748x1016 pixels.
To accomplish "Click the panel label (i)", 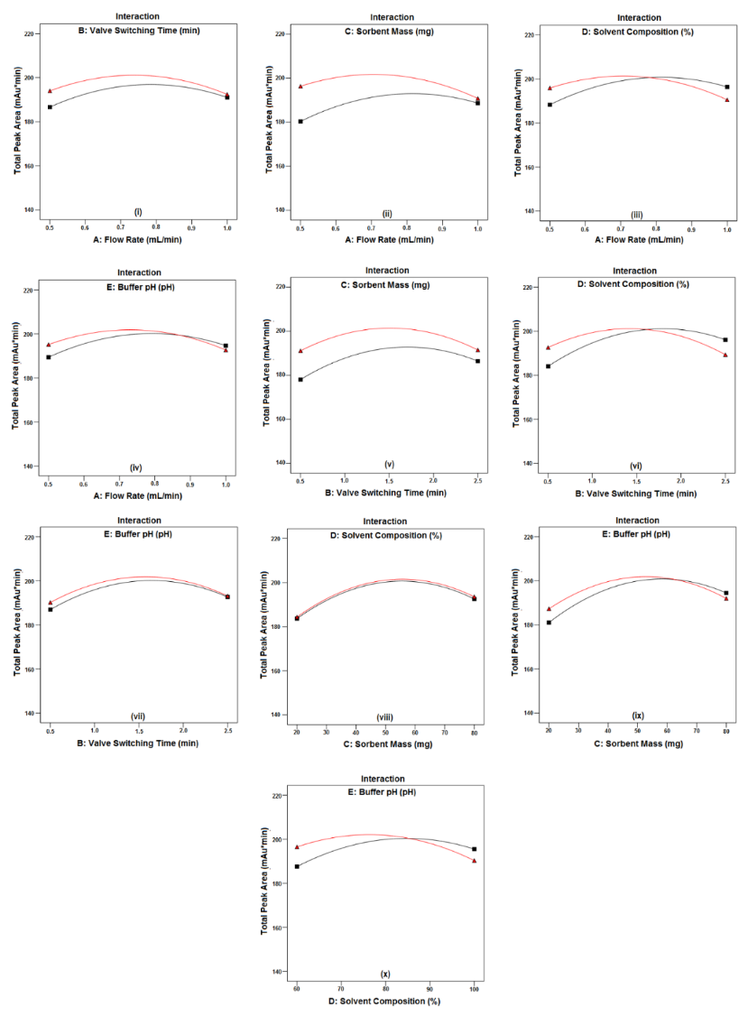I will pyautogui.click(x=137, y=212).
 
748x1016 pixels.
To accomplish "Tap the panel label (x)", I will pyautogui.click(x=385, y=974).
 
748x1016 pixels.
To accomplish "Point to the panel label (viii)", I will pyautogui.click(x=384, y=717).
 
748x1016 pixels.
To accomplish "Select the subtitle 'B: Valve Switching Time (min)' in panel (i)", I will pyautogui.click(x=138, y=30).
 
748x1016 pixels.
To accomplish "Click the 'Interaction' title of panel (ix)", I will pyautogui.click(x=636, y=520).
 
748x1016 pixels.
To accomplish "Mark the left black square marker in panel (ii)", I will pyautogui.click(x=300, y=121).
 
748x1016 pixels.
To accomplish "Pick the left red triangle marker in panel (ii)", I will pyautogui.click(x=300, y=87).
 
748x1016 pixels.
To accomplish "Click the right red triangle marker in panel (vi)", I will pyautogui.click(x=725, y=355).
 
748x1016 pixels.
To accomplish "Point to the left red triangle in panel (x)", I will pyautogui.click(x=297, y=846).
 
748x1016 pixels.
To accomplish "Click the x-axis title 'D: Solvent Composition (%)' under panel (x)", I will pyautogui.click(x=385, y=1001).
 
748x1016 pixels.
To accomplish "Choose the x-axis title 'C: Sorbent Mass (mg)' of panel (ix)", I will pyautogui.click(x=636, y=744).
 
